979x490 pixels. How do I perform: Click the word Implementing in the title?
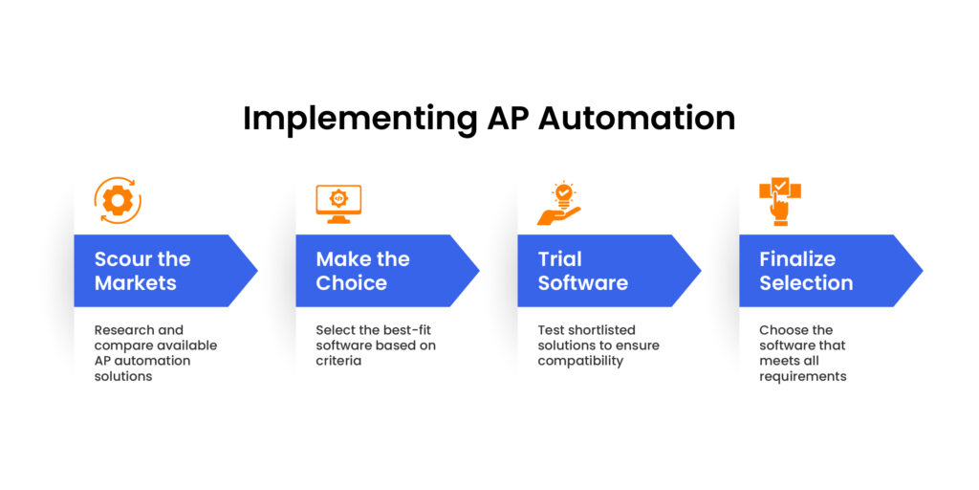click(x=353, y=118)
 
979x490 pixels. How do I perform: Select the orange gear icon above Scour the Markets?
click(x=117, y=201)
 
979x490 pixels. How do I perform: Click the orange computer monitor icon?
click(x=338, y=203)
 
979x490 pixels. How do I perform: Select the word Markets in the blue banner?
click(x=135, y=283)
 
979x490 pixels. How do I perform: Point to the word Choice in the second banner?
click(x=351, y=283)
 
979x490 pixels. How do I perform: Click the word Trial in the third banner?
click(x=559, y=259)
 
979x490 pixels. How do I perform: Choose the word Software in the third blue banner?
click(x=582, y=283)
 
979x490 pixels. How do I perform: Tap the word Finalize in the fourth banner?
click(x=797, y=259)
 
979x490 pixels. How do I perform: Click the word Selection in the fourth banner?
click(x=806, y=283)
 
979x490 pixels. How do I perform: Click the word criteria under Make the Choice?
click(x=338, y=361)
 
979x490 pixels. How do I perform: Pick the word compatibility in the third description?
click(x=581, y=361)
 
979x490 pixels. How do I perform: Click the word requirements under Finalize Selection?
click(x=803, y=376)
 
